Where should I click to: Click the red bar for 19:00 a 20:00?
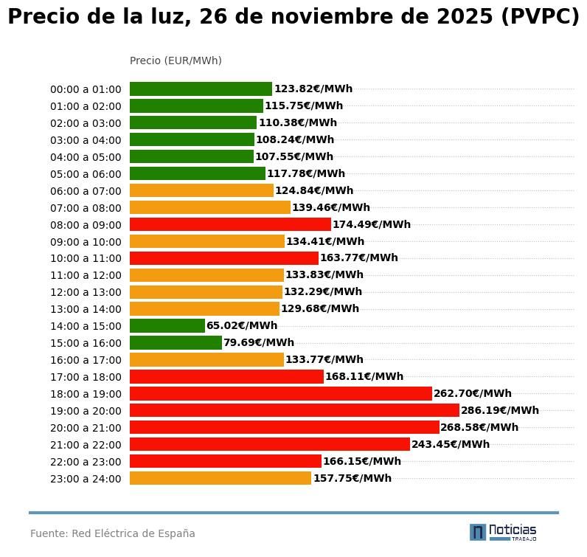[294, 410]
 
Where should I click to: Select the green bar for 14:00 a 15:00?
[167, 325]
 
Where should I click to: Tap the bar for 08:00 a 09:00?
[230, 224]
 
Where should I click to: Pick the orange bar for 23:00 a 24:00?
[220, 478]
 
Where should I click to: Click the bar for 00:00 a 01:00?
[201, 89]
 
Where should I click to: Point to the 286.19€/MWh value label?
[500, 410]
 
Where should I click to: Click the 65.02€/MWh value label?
[242, 325]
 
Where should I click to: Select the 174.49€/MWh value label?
[372, 224]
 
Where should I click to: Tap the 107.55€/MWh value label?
[294, 156]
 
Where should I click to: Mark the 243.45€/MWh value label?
[451, 444]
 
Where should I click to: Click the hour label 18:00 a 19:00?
[86, 394]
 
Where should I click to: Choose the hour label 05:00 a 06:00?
[86, 174]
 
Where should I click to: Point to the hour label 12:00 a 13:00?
[86, 293]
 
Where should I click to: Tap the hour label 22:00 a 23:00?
[86, 462]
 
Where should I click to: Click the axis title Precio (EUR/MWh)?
[176, 60]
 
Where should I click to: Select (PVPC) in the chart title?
[540, 17]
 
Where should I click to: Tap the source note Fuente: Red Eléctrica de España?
[113, 533]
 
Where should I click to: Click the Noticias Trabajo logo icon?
[478, 532]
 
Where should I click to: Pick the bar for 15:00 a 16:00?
[176, 342]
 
